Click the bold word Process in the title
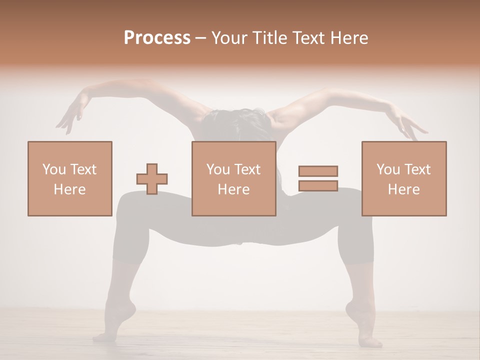click(x=157, y=38)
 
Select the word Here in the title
click(x=350, y=38)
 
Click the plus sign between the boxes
click(x=152, y=179)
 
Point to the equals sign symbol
click(x=318, y=178)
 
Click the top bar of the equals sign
click(x=318, y=171)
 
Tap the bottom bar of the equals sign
click(x=318, y=185)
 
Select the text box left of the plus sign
click(x=69, y=178)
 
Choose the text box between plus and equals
click(x=233, y=178)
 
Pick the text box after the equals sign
click(x=403, y=178)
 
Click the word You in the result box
click(x=388, y=169)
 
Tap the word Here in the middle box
click(x=233, y=189)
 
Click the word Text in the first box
click(x=83, y=169)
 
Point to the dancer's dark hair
click(x=235, y=122)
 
